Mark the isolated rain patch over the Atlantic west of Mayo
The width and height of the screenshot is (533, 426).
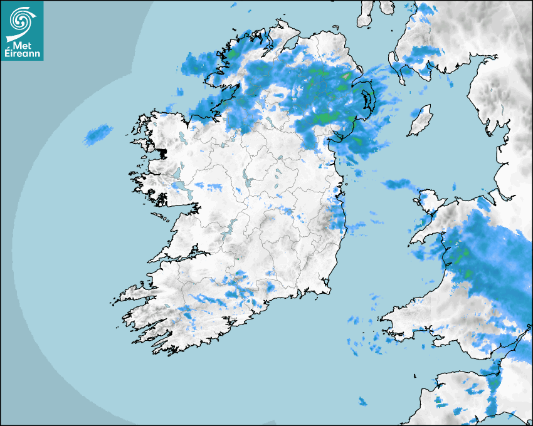coord(98,133)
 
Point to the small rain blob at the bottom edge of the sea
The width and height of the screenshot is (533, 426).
coord(362,402)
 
